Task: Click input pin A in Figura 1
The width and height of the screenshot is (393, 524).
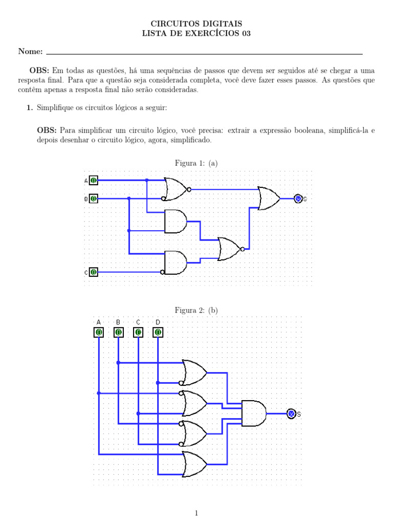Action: [94, 181]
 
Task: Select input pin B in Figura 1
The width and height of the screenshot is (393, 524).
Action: [94, 199]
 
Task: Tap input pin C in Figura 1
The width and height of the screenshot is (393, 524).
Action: [94, 272]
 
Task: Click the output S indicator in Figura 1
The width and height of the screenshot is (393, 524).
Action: [298, 199]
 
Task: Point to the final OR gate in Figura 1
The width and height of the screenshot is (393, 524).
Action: [269, 199]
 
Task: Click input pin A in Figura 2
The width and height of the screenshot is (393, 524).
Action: [99, 332]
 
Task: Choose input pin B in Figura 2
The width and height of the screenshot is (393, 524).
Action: [118, 332]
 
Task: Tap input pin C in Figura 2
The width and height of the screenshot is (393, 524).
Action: [138, 332]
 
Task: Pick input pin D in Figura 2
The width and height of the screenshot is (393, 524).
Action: [158, 332]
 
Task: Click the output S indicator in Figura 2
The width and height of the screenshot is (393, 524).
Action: [291, 414]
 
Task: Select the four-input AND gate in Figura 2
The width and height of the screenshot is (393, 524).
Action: [254, 413]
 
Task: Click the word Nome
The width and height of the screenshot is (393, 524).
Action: [30, 51]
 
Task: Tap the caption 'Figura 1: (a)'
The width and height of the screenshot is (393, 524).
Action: [196, 163]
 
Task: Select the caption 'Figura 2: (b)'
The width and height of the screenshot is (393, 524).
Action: [196, 310]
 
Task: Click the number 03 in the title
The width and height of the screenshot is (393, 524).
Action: [246, 33]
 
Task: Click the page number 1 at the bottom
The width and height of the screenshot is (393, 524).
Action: [196, 513]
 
